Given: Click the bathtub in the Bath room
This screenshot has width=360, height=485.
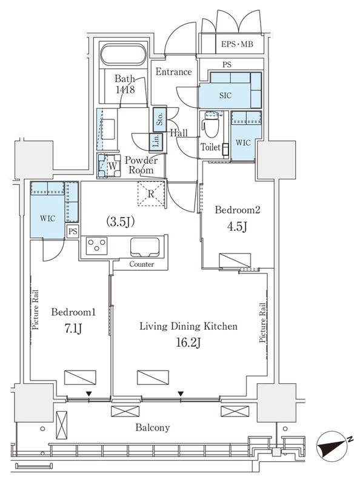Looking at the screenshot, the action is pos(124,55).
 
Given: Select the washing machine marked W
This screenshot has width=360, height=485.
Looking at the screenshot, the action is pos(109,166).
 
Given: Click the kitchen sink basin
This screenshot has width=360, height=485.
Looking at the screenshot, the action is pos(145,247).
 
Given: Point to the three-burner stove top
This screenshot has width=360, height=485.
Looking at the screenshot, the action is pos(96,246).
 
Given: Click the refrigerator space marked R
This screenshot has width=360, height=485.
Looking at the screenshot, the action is pos(151,193).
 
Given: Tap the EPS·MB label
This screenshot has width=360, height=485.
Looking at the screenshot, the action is pos(237,44).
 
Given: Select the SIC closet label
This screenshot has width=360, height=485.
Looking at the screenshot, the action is pos(225,96).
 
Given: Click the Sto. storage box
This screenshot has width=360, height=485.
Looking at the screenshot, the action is pos(159,119).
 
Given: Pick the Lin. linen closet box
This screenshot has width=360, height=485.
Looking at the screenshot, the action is pos(156,142).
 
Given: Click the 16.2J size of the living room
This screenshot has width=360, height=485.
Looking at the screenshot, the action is pos(188,343).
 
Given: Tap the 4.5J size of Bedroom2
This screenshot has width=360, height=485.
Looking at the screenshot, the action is pos(237,227).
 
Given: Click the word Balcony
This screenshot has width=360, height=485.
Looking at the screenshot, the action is pos(153,428).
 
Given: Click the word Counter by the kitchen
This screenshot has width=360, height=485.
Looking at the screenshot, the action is pos(142,264).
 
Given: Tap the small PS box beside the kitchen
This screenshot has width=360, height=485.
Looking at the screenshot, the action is pos(73,231).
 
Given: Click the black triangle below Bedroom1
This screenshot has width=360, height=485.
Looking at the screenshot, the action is pos(89,394).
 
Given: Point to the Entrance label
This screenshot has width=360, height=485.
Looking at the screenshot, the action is pos(173,72).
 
